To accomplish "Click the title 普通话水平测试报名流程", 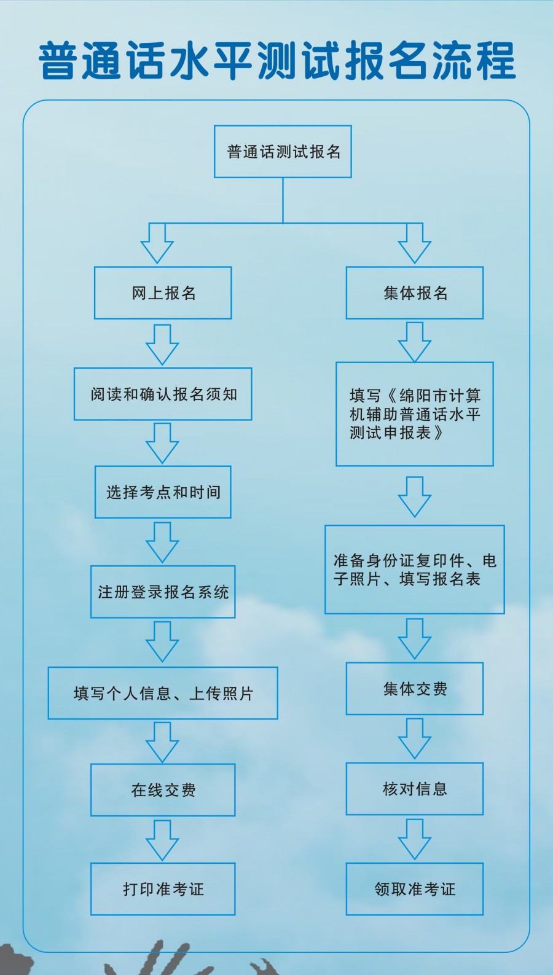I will tap(276, 61).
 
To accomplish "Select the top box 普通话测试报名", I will tap(283, 152).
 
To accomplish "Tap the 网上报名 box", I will tap(163, 293).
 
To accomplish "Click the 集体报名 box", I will tap(415, 293).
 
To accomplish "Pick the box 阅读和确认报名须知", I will tap(163, 394).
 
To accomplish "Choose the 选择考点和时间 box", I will tap(163, 492).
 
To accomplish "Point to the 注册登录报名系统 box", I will tap(163, 592).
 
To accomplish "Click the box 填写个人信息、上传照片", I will tap(163, 693).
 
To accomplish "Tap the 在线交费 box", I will tap(163, 790).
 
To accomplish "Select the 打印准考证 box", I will tap(163, 889).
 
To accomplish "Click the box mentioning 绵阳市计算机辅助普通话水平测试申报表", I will tap(415, 414).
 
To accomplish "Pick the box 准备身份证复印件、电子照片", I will tap(415, 570).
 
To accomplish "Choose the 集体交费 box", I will tap(415, 689).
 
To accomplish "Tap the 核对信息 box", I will tap(415, 789).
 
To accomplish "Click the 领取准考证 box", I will tap(415, 889).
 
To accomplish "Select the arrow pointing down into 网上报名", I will tap(157, 244).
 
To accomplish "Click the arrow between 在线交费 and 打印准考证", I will tap(162, 840).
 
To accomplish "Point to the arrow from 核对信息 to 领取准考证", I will tap(415, 839).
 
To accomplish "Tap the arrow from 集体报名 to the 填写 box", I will tap(415, 342).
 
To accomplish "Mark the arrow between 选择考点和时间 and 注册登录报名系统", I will tap(162, 542).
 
